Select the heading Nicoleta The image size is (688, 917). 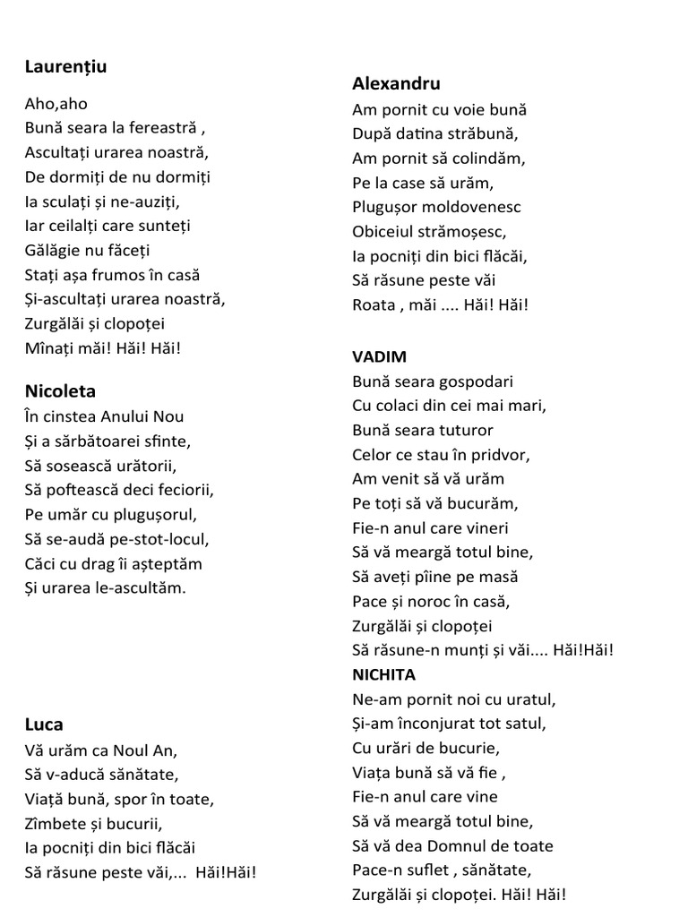pyautogui.click(x=60, y=391)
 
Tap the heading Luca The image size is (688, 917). pyautogui.click(x=44, y=724)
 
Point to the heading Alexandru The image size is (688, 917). pyautogui.click(x=396, y=83)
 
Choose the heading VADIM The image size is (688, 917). pyautogui.click(x=379, y=356)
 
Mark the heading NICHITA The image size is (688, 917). pyautogui.click(x=383, y=674)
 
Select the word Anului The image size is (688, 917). pyautogui.click(x=113, y=416)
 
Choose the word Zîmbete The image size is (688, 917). pyautogui.click(x=59, y=822)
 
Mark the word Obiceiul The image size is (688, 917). pyautogui.click(x=387, y=231)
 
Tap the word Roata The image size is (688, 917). pyautogui.click(x=374, y=304)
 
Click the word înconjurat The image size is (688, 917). pyautogui.click(x=432, y=723)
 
